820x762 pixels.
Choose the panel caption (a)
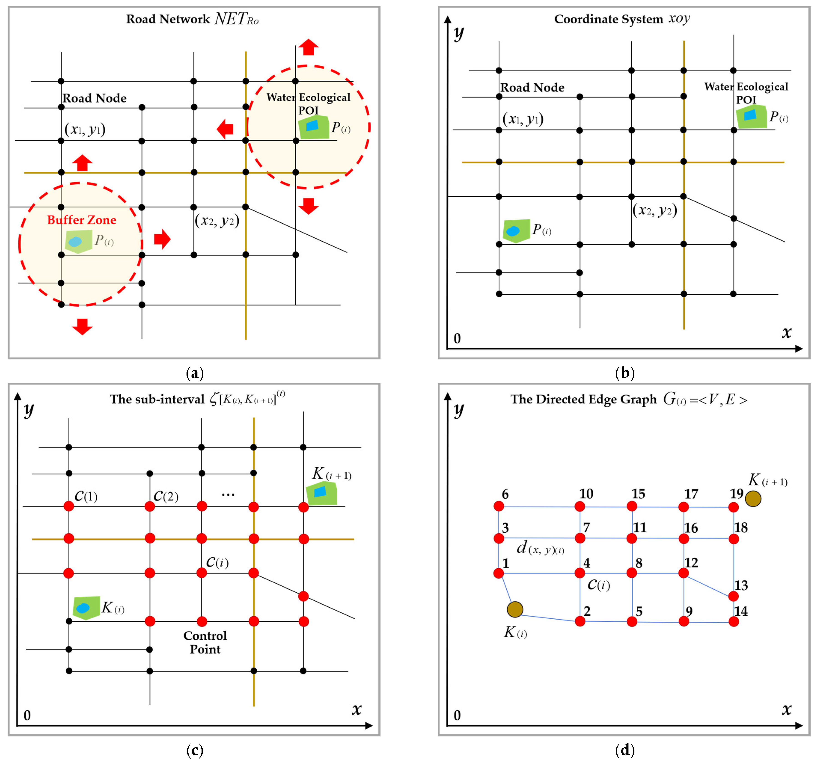(195, 373)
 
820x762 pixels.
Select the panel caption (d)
(624, 750)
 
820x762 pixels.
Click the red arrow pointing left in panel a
(225, 129)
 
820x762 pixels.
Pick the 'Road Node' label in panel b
(532, 88)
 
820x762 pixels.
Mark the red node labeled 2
(580, 621)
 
